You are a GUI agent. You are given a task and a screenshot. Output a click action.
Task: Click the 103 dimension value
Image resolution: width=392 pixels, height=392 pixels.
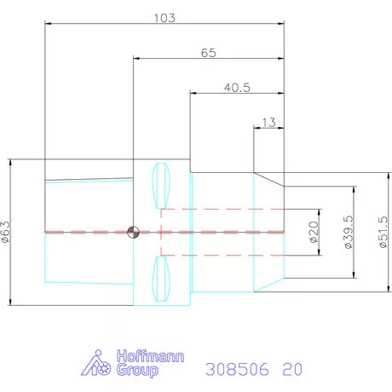pos(164,18)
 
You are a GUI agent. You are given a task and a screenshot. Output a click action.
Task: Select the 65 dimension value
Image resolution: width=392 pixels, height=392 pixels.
pos(209,53)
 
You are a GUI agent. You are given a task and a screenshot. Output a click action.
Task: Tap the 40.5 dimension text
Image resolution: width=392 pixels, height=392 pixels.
pos(237,88)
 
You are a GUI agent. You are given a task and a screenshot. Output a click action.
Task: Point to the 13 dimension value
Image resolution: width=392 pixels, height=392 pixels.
pos(268,123)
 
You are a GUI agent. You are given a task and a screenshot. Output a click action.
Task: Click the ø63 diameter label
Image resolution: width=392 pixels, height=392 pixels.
pos(6,232)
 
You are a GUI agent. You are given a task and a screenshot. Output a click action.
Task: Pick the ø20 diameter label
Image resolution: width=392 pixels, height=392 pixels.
pos(314,232)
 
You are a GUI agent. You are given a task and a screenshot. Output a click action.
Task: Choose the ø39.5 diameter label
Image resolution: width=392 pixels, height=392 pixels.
pos(349,232)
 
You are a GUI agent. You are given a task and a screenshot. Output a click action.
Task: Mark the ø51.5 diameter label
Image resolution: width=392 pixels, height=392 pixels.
pos(383,232)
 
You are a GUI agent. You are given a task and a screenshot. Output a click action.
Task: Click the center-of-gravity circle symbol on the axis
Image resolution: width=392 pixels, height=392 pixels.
pos(133,232)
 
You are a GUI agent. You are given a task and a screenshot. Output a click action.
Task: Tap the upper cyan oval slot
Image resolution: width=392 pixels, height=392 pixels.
pos(161,186)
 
